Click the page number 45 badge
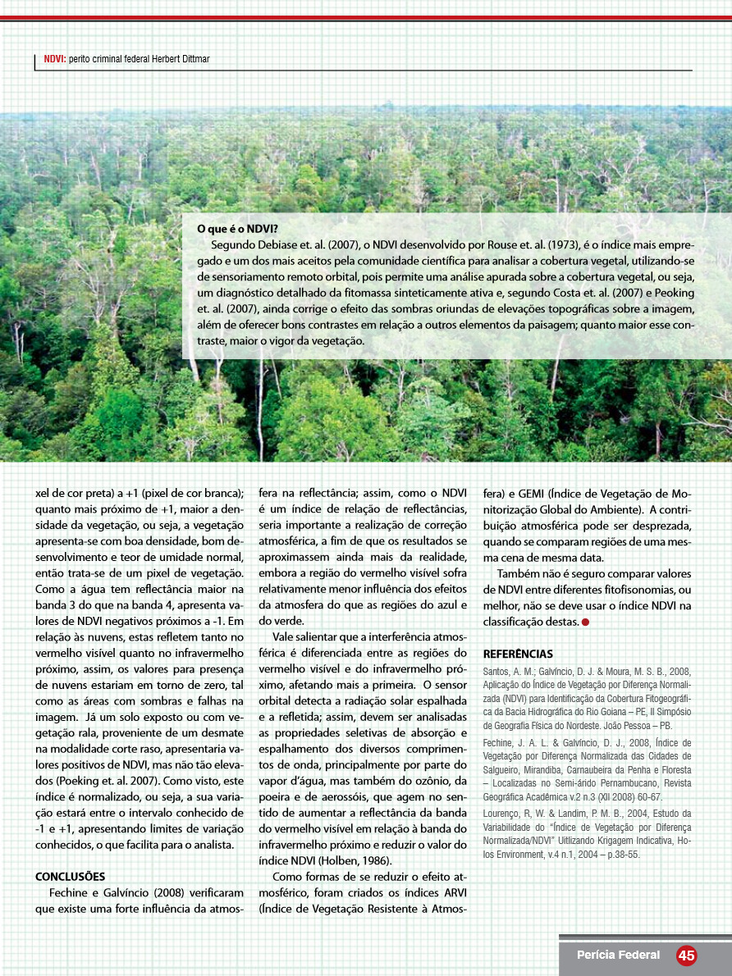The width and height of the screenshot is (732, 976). [x=686, y=955]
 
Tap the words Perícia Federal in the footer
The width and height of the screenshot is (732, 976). [x=618, y=955]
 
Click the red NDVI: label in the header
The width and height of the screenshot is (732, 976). [x=54, y=60]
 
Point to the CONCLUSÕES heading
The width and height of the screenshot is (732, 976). [x=71, y=876]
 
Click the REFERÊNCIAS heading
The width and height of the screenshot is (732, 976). [x=518, y=654]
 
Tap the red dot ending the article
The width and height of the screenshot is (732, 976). [x=586, y=623]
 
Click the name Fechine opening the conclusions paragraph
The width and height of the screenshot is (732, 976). [x=68, y=892]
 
